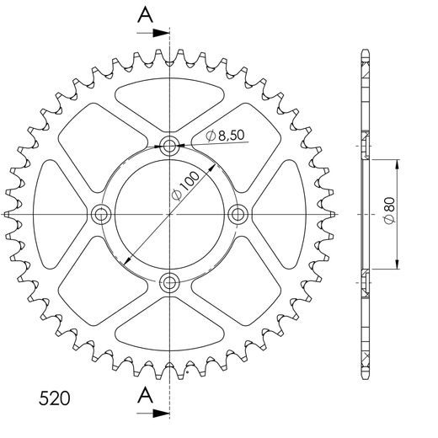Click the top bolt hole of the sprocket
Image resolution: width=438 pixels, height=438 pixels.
pos(171,146)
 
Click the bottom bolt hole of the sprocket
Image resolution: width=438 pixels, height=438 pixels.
pos(171,282)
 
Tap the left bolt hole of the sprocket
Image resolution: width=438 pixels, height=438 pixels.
pos(103,214)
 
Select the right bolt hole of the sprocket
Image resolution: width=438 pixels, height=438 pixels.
pos(238,214)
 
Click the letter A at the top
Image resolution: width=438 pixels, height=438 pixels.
pos(147,14)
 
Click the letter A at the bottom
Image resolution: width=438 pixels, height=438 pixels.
pos(147,395)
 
